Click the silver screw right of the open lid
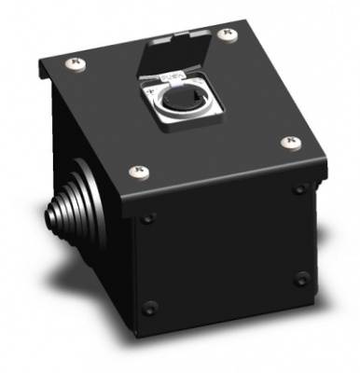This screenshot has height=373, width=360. [x=225, y=35]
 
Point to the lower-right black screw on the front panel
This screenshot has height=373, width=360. [x=300, y=276]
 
